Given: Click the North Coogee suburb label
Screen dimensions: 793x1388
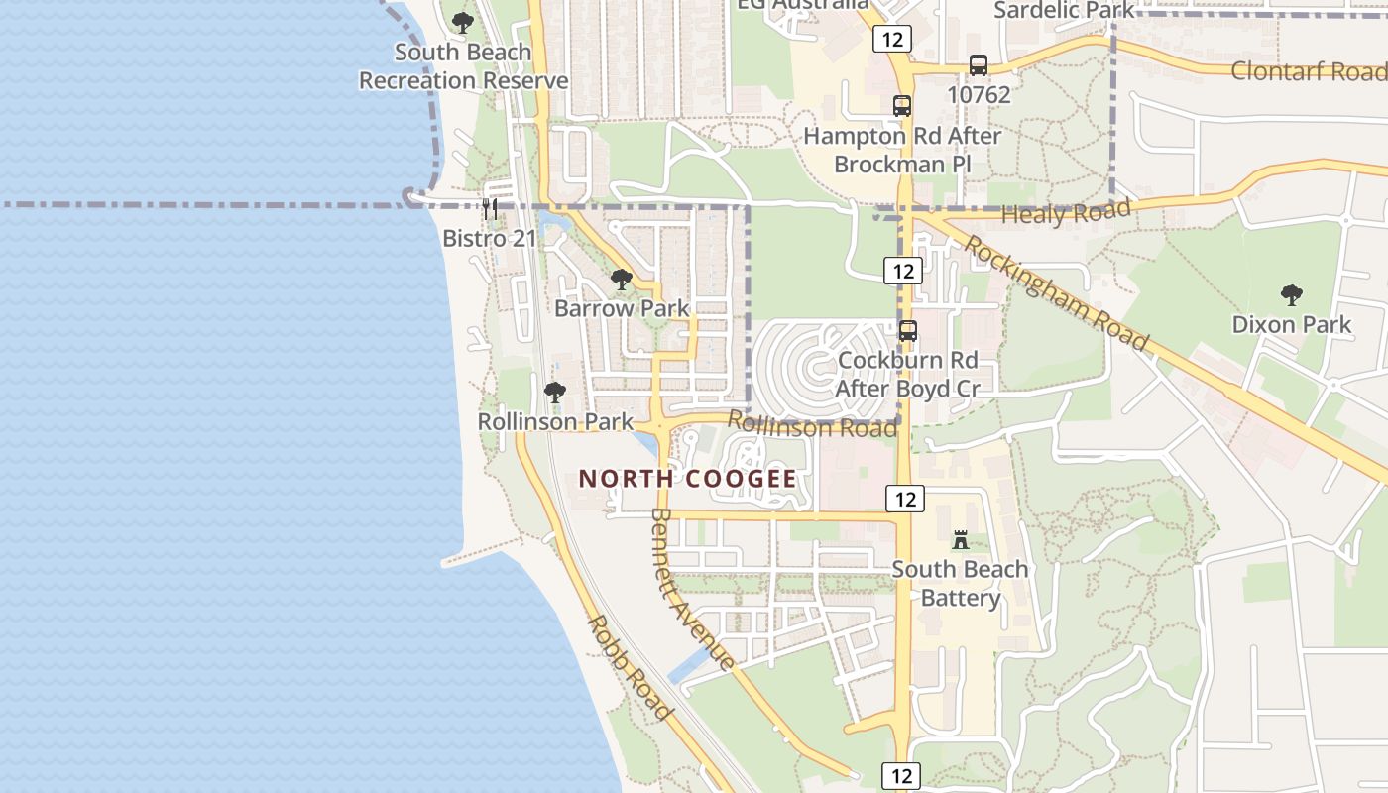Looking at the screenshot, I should pos(687,480).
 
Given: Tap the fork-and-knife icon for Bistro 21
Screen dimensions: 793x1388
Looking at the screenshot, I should pos(489,209).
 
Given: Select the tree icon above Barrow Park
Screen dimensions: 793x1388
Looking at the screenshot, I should pos(622,280).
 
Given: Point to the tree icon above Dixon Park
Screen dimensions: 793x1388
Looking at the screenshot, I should pos(1291,295).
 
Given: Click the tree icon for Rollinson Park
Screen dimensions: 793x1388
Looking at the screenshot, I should pos(555,393).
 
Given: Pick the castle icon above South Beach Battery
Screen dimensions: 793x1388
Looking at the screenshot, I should pos(960,540).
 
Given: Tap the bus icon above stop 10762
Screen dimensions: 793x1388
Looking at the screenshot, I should pos(979,65).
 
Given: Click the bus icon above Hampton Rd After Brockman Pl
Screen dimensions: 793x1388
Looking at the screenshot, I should pos(902,106).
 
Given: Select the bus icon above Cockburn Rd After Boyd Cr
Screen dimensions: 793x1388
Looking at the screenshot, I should pos(908,331).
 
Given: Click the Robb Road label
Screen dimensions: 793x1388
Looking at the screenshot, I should pos(631,668).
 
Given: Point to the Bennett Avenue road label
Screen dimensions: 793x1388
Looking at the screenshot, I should pos(692,589).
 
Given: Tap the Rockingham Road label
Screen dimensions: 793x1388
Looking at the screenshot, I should pos(1057,294).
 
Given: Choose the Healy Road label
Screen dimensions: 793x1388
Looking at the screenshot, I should pos(1066,211).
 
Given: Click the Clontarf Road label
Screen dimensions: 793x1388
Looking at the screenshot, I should pos(1308,71).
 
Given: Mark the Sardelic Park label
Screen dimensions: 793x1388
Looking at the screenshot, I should pos(1064,10).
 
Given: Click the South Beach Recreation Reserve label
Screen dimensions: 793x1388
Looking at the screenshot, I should pos(463,66).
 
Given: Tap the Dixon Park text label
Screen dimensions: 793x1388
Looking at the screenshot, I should pos(1291,324).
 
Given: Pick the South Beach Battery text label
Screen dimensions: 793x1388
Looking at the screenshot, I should pos(960,584).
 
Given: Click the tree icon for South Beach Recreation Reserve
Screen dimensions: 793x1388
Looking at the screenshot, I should pos(462,22).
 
